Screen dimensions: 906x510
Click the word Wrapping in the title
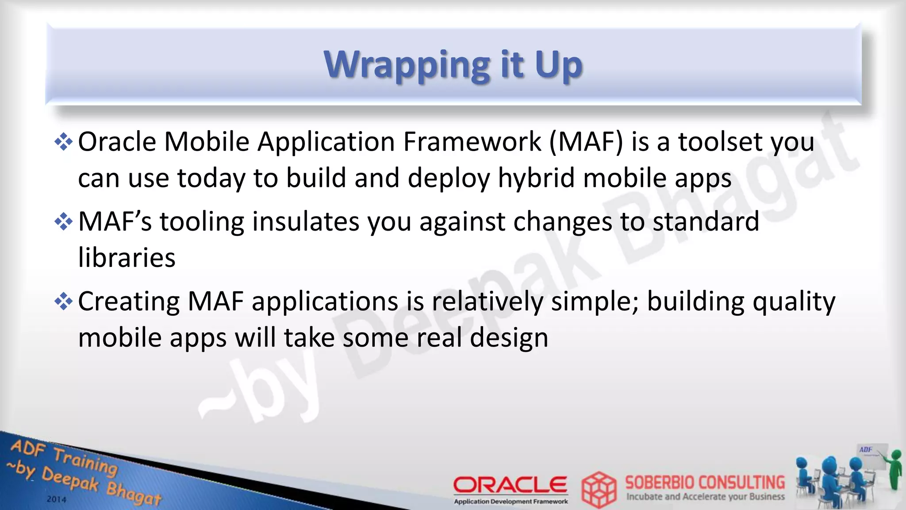pos(407,66)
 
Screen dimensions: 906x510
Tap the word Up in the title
pos(558,66)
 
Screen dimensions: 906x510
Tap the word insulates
pos(306,221)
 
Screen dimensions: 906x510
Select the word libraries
pos(127,257)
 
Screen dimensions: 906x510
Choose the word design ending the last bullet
pos(509,338)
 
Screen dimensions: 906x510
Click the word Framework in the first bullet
pos(472,142)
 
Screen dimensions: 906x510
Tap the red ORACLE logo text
pos(510,485)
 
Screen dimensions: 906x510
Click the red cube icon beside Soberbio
pos(599,490)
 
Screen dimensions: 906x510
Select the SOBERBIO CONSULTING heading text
pos(705,482)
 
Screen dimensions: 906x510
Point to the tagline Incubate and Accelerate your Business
pos(706,497)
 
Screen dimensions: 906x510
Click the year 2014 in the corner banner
pos(57,499)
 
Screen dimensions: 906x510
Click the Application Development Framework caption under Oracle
pos(511,502)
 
